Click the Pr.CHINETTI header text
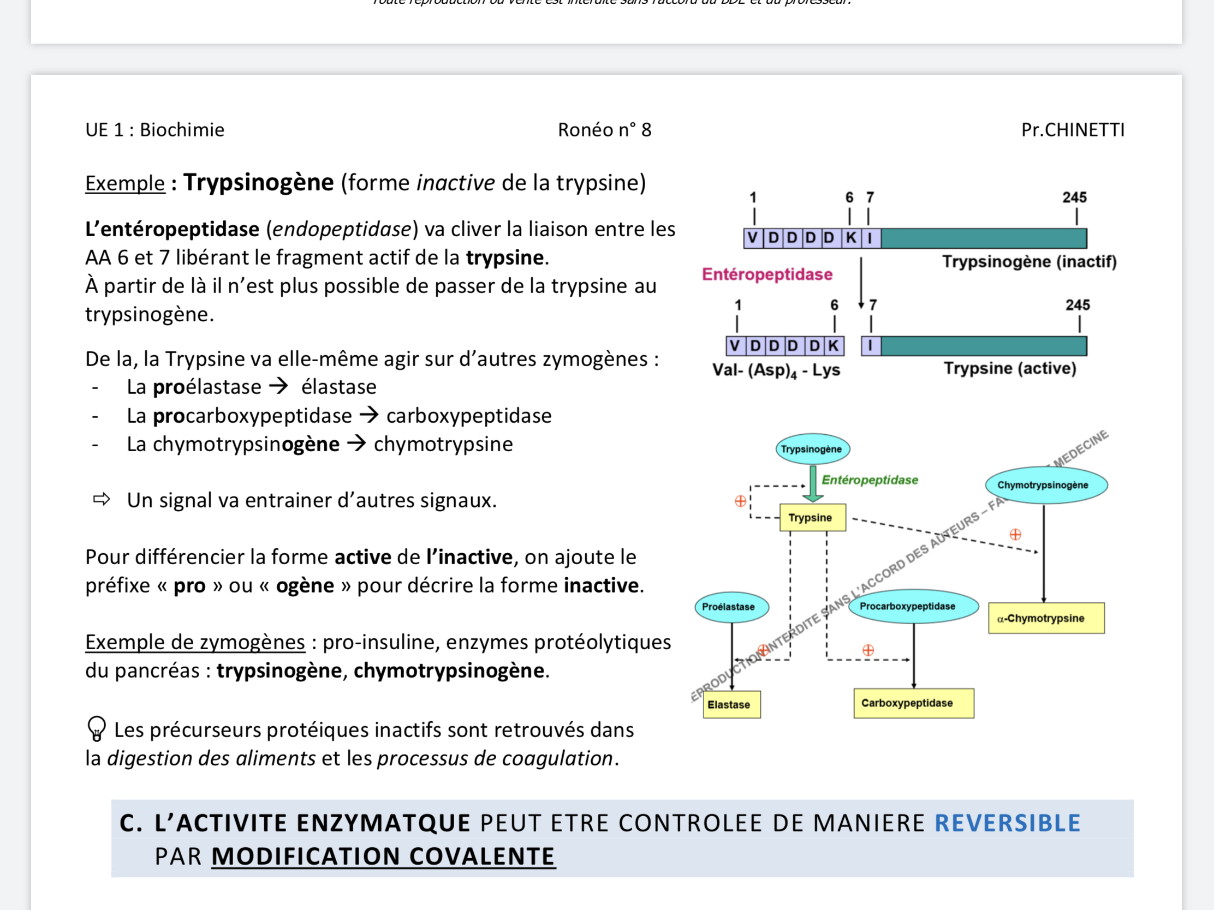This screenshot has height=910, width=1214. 1073,130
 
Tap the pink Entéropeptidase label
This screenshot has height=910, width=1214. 767,274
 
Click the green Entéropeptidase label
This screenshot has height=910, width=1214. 870,480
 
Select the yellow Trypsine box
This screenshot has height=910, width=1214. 812,517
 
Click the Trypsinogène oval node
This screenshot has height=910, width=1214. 812,448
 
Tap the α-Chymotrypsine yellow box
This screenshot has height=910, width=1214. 1045,618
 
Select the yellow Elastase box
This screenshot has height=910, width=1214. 731,704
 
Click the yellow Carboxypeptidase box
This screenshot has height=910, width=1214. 913,703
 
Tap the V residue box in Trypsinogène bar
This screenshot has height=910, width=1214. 752,238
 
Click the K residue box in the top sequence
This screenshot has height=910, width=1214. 850,238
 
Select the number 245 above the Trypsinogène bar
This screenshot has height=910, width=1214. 1074,197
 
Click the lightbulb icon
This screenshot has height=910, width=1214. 97,729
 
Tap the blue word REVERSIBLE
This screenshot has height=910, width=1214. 1007,823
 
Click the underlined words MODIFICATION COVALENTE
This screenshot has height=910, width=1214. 383,857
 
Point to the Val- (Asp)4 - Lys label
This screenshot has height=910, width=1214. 776,370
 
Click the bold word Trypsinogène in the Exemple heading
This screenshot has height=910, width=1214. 259,183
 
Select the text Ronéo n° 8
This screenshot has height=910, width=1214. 604,130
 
